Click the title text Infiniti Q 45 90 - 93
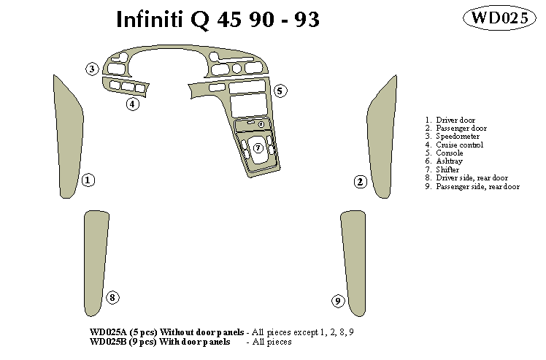click(218, 20)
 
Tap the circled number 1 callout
click(88, 180)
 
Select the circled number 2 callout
click(360, 182)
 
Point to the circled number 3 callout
click(92, 69)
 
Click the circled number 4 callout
click(132, 104)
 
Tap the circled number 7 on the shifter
click(258, 148)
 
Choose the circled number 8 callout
click(112, 297)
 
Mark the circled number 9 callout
click(337, 301)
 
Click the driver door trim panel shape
click(67, 139)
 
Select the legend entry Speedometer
click(458, 137)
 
